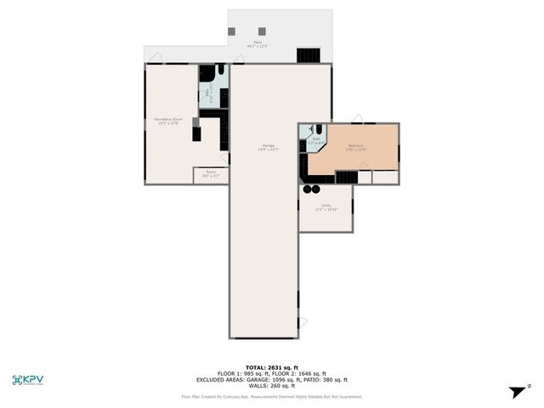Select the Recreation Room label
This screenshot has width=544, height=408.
[x=168, y=121]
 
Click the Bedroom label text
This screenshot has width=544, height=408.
[x=355, y=147]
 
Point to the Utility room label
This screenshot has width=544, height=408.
[x=326, y=207]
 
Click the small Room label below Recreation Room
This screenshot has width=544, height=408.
[x=210, y=174]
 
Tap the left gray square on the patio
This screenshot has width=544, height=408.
[x=231, y=31]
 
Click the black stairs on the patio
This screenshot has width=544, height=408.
[x=308, y=54]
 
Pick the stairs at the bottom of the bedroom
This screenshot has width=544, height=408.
[x=346, y=177]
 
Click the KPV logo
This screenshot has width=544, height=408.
[x=28, y=380]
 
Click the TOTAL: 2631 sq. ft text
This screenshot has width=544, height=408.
[x=271, y=366]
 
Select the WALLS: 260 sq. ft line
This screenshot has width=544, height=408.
[x=271, y=385]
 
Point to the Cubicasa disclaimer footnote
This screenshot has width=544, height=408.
[x=271, y=396]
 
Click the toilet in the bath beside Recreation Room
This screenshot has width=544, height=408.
[x=220, y=72]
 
